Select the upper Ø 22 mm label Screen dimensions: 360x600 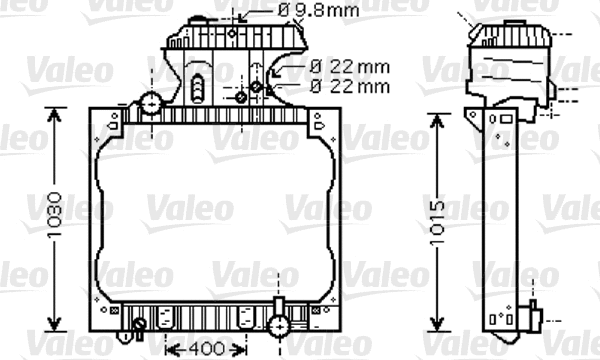pos(348,66)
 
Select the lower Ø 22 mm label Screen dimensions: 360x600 pos(348,85)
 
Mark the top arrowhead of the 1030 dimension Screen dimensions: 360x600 pos(51,113)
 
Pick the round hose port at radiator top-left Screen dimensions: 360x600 pos(151,103)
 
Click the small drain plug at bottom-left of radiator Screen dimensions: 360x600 pos(138,323)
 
